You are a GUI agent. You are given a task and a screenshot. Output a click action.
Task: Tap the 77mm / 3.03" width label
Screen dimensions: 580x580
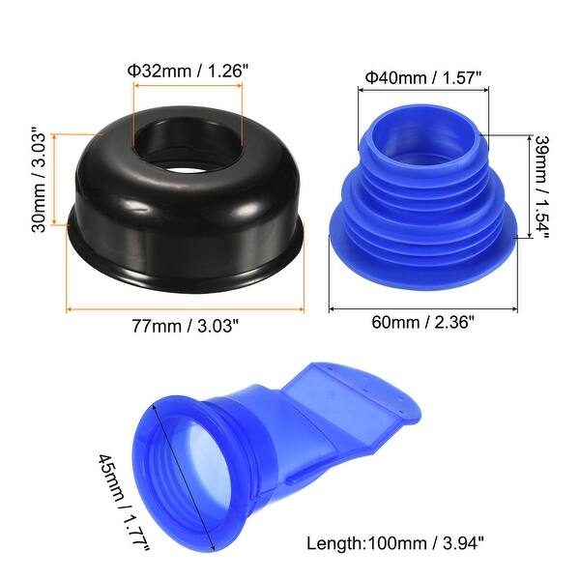(x=187, y=326)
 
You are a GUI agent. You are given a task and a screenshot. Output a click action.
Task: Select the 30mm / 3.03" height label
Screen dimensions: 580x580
(x=38, y=175)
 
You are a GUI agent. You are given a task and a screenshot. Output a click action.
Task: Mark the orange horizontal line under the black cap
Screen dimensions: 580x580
(x=187, y=309)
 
